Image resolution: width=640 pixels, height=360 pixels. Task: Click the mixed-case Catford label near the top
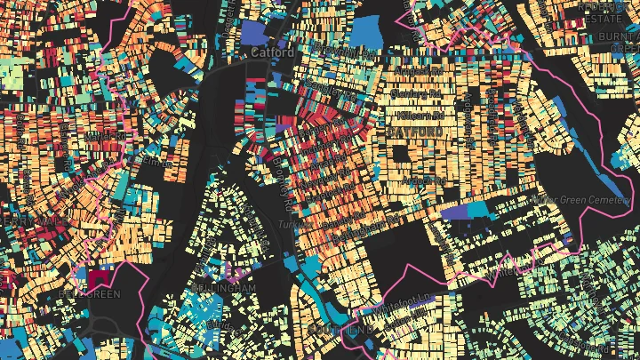coord(272,52)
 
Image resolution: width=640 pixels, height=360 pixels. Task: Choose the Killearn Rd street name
coord(418,103)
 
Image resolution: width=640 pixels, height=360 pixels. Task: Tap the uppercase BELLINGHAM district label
coord(222,289)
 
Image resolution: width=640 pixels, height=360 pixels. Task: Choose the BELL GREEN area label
coord(89,293)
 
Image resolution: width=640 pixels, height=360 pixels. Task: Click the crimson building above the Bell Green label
coord(94,278)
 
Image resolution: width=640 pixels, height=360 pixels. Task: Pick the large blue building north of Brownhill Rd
coord(365,30)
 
